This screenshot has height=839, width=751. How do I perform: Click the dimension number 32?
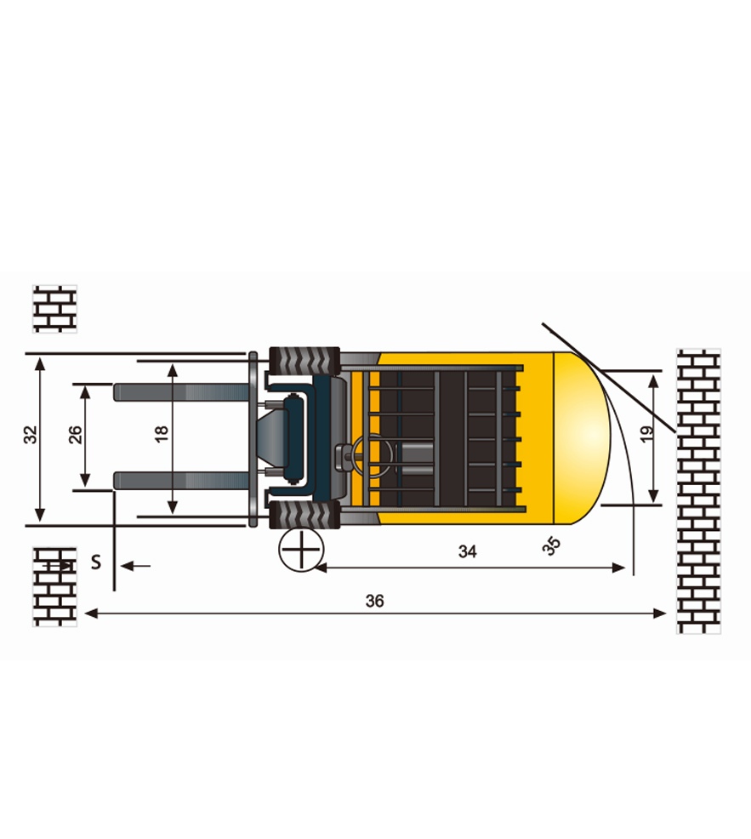tap(31, 435)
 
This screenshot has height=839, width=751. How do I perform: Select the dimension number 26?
tap(76, 435)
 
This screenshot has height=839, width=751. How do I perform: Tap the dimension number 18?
tap(161, 434)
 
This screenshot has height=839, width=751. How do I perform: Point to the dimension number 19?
tap(646, 434)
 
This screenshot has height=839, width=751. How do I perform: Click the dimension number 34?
tap(468, 551)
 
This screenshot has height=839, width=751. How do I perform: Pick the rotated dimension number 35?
tap(551, 545)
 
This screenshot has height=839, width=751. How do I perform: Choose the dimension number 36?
tap(374, 601)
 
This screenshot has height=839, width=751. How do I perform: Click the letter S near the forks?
tap(96, 562)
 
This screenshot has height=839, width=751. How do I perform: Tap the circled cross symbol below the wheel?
tap(302, 550)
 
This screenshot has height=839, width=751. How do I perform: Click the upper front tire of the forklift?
tap(304, 361)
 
